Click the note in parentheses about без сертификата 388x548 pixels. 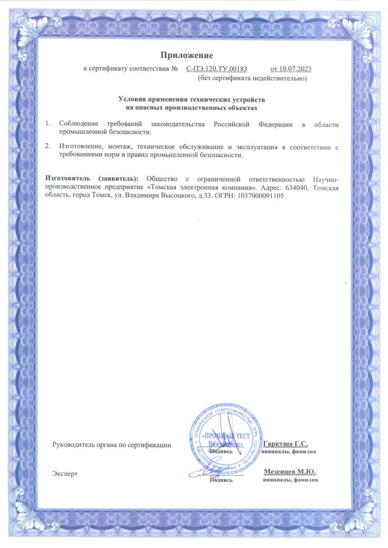[252, 78]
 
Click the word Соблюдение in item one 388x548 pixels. [79, 125]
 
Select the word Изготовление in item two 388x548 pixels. [81, 145]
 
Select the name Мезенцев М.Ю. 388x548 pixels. [290, 471]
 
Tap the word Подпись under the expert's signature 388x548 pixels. [221, 480]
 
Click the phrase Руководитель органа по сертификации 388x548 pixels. [112, 444]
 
